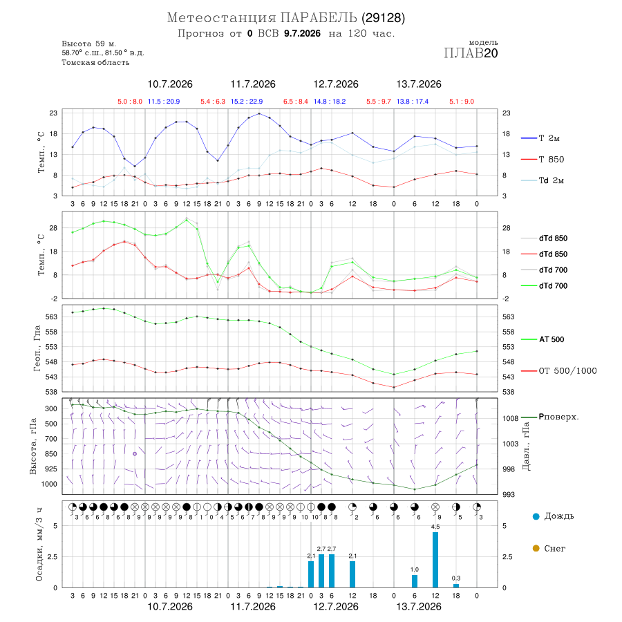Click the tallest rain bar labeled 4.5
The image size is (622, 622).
click(435, 560)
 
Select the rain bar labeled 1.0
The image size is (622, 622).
click(415, 581)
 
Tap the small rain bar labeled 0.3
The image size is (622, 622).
click(456, 585)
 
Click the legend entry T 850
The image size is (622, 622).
click(543, 160)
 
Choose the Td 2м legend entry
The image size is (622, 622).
click(543, 180)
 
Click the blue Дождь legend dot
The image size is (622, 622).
click(536, 516)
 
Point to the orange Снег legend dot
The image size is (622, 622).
click(536, 548)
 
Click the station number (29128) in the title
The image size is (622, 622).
click(383, 18)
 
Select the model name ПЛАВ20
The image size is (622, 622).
click(471, 53)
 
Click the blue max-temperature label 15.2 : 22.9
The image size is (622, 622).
click(247, 102)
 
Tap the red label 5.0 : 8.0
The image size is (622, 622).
click(130, 102)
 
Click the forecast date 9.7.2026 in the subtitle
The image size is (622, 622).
click(302, 33)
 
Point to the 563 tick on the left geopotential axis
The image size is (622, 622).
click(52, 317)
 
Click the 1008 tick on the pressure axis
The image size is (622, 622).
click(510, 418)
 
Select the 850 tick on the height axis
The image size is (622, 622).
click(50, 454)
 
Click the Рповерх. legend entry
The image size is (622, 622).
click(550, 417)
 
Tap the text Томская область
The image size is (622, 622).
click(95, 62)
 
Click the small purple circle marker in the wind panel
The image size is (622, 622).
click(135, 454)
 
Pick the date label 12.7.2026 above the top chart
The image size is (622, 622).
click(336, 84)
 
